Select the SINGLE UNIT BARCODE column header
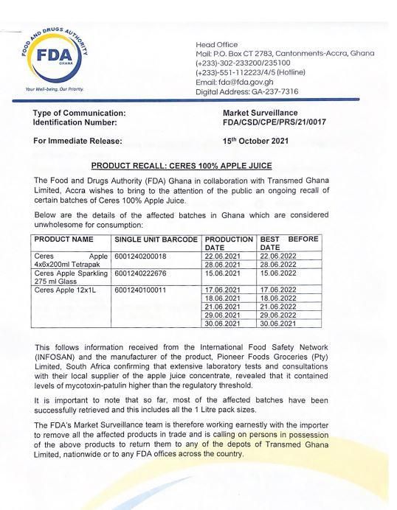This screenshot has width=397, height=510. [x=156, y=240]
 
